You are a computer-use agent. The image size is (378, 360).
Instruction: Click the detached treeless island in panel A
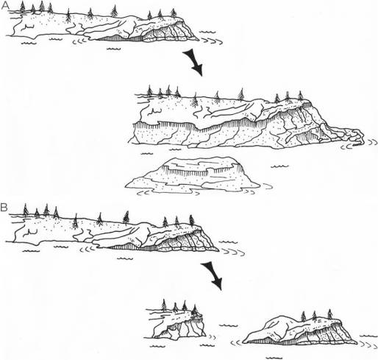pos(193,174)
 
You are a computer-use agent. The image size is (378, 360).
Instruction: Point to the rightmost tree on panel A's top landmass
pos(174,13)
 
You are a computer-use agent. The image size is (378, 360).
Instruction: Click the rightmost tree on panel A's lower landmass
pos(302,96)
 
